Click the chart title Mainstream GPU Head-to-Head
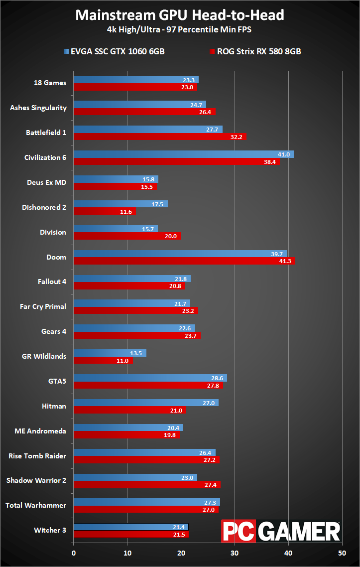180,15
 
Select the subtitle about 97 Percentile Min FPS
179,30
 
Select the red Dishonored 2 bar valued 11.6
105,211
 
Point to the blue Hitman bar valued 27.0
146,403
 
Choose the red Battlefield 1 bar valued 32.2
160,137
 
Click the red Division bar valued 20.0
127,236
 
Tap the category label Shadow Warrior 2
36,480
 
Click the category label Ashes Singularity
38,108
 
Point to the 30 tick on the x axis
235,553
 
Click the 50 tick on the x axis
342,553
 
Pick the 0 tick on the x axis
74,553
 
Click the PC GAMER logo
281,531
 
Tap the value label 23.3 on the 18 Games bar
189,80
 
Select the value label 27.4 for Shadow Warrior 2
211,485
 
